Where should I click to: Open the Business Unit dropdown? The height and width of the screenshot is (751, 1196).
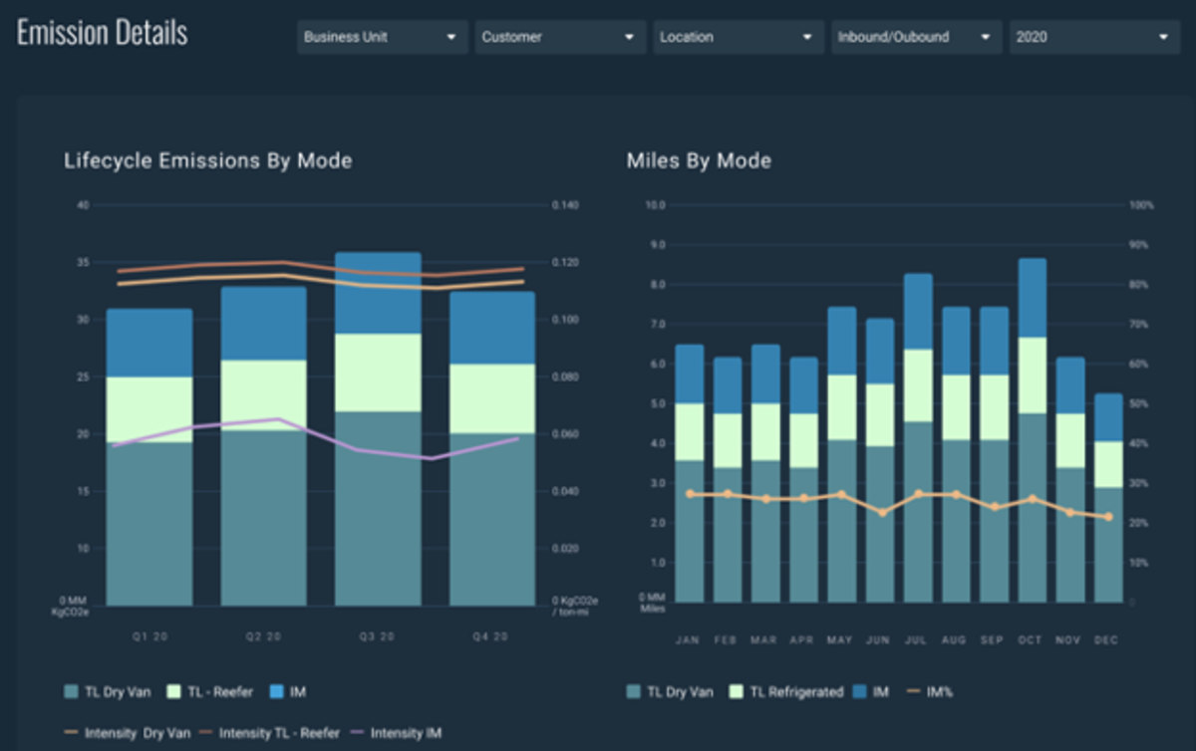pyautogui.click(x=382, y=37)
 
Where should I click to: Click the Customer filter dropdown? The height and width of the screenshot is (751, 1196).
pyautogui.click(x=559, y=37)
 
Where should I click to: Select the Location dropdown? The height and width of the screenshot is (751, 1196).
pyautogui.click(x=738, y=37)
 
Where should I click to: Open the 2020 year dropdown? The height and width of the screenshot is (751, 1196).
pyautogui.click(x=1092, y=37)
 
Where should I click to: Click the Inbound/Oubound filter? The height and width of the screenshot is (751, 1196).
pyautogui.click(x=916, y=37)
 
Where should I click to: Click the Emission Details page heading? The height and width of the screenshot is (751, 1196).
pyautogui.click(x=102, y=33)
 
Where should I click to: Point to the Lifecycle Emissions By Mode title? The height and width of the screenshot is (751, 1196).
pyautogui.click(x=207, y=160)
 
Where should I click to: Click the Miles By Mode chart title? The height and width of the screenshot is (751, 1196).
pyautogui.click(x=699, y=160)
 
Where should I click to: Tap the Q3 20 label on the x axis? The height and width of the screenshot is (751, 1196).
pyautogui.click(x=378, y=636)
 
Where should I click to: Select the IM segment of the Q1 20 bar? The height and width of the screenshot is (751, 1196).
pyautogui.click(x=149, y=343)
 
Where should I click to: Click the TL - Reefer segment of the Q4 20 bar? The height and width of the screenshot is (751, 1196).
pyautogui.click(x=491, y=398)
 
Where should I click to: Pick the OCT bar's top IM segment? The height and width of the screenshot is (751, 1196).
pyautogui.click(x=1032, y=298)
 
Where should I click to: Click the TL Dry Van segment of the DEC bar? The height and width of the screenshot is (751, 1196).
pyautogui.click(x=1107, y=545)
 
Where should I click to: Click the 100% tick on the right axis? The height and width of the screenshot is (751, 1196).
pyautogui.click(x=1140, y=205)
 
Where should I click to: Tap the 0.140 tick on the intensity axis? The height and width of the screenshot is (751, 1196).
pyautogui.click(x=564, y=205)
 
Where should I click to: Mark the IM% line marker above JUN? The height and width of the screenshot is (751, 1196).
pyautogui.click(x=880, y=512)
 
